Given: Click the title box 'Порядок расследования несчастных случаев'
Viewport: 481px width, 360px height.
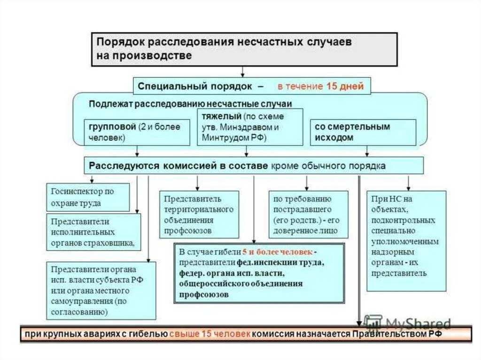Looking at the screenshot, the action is (244, 49).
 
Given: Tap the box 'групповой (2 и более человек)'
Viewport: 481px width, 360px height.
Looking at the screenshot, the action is (137, 132).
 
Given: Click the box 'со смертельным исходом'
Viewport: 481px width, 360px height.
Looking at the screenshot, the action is (363, 132).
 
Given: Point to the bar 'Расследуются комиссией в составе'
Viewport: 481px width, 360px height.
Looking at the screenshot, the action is (254, 166).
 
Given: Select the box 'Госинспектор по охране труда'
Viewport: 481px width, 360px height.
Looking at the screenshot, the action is (88, 197).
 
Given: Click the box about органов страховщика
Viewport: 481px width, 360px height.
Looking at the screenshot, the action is (93, 232).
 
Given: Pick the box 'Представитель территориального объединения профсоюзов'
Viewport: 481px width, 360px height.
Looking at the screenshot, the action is (199, 214).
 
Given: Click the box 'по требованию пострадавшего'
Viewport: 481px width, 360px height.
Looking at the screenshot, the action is (308, 214).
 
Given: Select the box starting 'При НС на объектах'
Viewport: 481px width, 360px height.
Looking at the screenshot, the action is (406, 240).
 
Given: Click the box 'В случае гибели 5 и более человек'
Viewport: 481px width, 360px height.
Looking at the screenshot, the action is (258, 274).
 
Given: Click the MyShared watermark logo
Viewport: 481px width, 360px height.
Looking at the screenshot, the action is (407, 323).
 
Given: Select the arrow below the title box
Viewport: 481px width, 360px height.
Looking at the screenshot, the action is (242, 71).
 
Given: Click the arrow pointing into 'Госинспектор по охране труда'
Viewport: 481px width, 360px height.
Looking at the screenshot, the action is (92, 179).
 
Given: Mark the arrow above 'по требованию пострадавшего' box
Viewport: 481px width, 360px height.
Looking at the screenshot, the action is (307, 183).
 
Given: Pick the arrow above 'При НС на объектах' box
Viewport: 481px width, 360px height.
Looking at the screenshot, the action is (408, 183).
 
